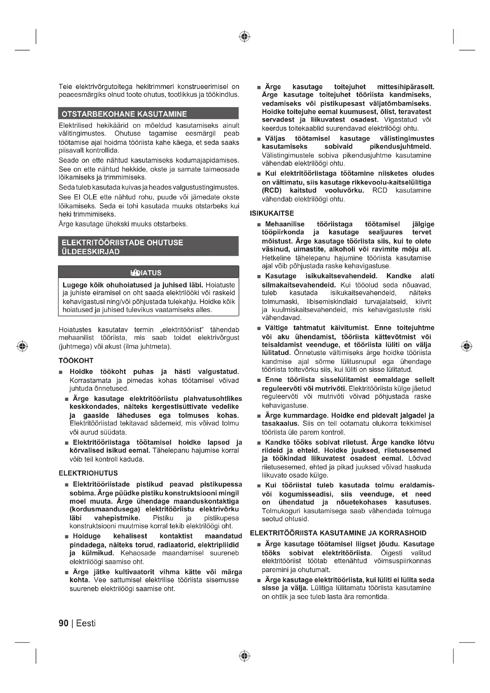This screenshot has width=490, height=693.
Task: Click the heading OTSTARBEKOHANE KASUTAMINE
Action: pos(124,114)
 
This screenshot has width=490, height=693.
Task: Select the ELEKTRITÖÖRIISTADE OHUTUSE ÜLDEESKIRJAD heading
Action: pos(122,247)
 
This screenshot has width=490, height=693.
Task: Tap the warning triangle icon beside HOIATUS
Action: pos(135,273)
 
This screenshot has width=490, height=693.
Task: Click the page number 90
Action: pos(64,623)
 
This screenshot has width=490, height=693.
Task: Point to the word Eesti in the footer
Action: pos(86,623)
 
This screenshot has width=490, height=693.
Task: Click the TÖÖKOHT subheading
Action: pos(76,361)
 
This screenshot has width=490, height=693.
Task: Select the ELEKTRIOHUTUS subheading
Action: pos(88,473)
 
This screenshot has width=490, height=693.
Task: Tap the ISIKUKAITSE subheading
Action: pos(272,213)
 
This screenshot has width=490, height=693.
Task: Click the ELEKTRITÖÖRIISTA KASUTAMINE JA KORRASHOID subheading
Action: pos(338,533)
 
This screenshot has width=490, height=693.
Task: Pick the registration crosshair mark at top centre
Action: pos(245,36)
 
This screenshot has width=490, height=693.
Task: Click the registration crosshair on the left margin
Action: pos(22,346)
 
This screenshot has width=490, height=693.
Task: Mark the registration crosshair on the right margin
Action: pos(467,346)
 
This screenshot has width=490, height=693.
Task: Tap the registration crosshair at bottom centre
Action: pos(245,656)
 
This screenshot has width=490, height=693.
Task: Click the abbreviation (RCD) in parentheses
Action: pos(272,191)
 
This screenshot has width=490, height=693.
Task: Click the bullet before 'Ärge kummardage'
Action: pos(259,416)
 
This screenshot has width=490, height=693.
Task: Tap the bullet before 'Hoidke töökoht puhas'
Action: pos(60,372)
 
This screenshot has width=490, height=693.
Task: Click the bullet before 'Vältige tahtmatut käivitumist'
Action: pos(259,328)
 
